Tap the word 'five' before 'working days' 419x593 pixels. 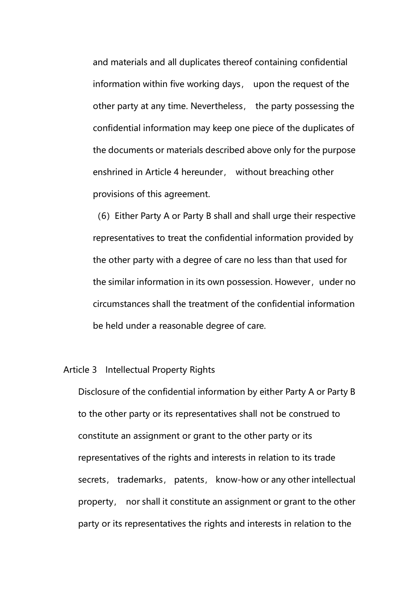pyautogui.click(x=177, y=84)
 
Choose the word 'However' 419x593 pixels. pyautogui.click(x=292, y=282)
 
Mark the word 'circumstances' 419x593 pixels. pyautogui.click(x=121, y=304)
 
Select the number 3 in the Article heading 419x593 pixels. pyautogui.click(x=94, y=370)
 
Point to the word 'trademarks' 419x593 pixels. pyautogui.click(x=140, y=480)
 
